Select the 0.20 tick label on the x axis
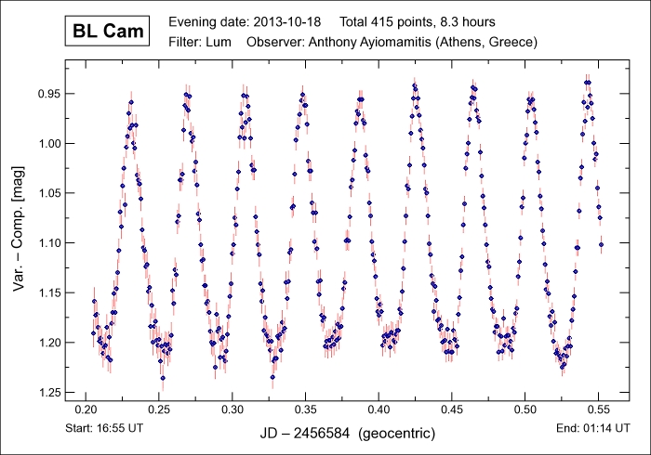click(x=86, y=409)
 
